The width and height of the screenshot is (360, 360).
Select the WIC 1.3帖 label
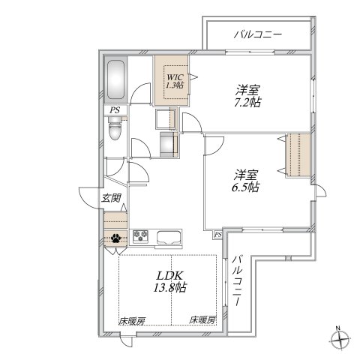coord(175,80)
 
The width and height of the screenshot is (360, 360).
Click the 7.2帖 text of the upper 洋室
coord(245,102)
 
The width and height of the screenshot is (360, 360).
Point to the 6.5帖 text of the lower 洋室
coord(245,187)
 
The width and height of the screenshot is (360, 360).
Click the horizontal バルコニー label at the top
coord(256,34)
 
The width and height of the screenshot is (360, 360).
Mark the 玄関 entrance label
coord(111,200)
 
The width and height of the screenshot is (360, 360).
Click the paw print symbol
coord(117,240)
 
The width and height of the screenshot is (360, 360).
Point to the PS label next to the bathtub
coord(115,110)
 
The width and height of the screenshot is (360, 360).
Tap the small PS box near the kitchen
coord(217,235)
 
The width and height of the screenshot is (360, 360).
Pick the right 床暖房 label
coord(202,320)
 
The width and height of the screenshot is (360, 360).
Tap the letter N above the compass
coord(339,328)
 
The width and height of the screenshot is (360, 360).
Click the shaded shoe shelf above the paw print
coord(116,222)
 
